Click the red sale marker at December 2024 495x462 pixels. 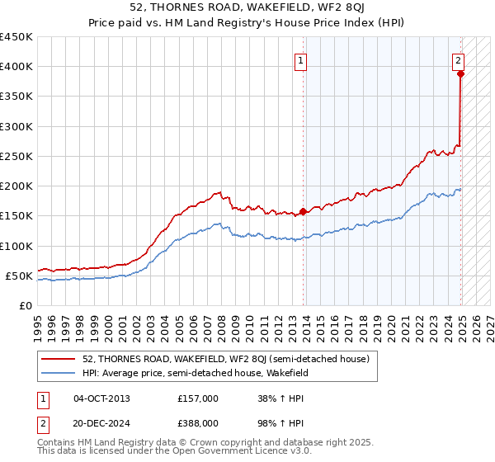tap(460, 73)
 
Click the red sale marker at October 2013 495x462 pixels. tap(303, 211)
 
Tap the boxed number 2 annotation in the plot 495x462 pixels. tap(458, 60)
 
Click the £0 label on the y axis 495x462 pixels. tap(25, 305)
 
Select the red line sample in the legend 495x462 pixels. tap(60, 359)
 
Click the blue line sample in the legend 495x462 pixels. tap(60, 373)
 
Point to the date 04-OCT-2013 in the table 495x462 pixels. tap(101, 398)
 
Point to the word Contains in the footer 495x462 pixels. tap(58, 444)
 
